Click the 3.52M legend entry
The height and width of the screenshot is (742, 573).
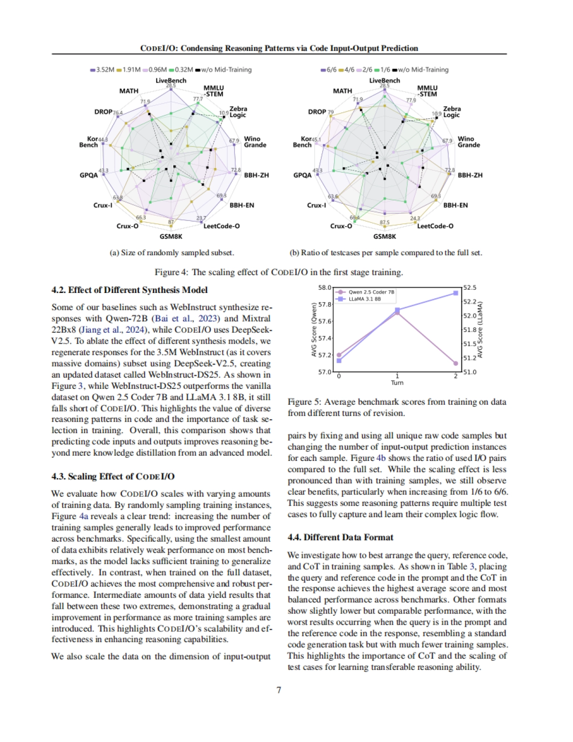coord(102,70)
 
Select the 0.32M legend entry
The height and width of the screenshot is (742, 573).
coord(181,70)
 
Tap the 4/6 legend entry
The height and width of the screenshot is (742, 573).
coord(347,70)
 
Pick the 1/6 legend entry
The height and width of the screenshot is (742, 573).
coord(382,70)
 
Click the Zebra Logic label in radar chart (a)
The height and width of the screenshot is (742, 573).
coord(238,112)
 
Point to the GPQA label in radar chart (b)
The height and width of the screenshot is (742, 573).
coord(302,175)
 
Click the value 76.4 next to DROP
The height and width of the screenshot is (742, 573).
coord(117,113)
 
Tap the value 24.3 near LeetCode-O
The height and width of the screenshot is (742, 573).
coord(415,218)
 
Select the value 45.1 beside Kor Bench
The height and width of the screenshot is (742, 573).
coord(316,139)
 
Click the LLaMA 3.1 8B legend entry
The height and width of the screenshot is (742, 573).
coord(364,299)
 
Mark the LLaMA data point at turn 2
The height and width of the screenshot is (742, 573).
coord(456,293)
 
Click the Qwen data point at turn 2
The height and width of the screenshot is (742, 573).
coord(456,364)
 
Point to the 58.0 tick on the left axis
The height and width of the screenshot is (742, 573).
coord(325,287)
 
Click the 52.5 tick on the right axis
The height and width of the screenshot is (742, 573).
coord(469,287)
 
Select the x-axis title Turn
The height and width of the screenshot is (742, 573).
coord(397,383)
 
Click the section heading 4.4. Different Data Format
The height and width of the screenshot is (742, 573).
coord(340,537)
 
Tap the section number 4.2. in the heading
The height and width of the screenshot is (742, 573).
coord(59,290)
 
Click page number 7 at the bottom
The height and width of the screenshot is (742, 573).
coord(279,690)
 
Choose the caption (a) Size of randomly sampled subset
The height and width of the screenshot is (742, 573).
coord(172,253)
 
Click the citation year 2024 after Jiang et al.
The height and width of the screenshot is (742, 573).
coord(135,330)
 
